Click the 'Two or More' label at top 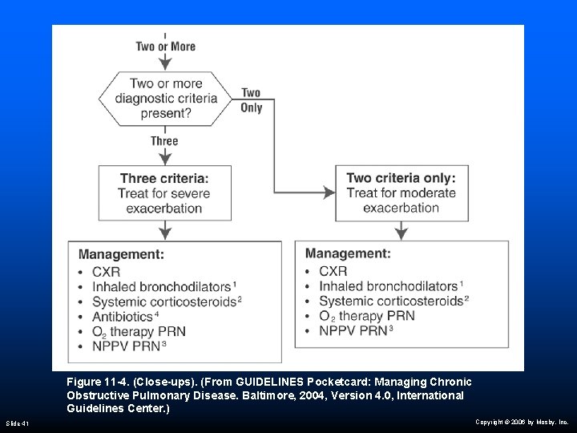pyautogui.click(x=165, y=47)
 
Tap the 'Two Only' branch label pyautogui.click(x=251, y=100)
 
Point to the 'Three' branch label pyautogui.click(x=164, y=141)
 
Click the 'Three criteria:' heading pyautogui.click(x=164, y=178)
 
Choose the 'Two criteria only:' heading pyautogui.click(x=401, y=178)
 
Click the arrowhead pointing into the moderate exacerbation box pyautogui.click(x=329, y=192)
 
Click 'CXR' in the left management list pyautogui.click(x=107, y=272)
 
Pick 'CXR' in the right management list pyautogui.click(x=333, y=272)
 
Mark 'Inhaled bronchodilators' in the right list pyautogui.click(x=388, y=286)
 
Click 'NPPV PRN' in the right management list pyautogui.click(x=353, y=330)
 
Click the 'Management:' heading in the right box pyautogui.click(x=349, y=253)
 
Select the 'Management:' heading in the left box pyautogui.click(x=122, y=254)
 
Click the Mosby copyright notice pyautogui.click(x=521, y=421)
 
